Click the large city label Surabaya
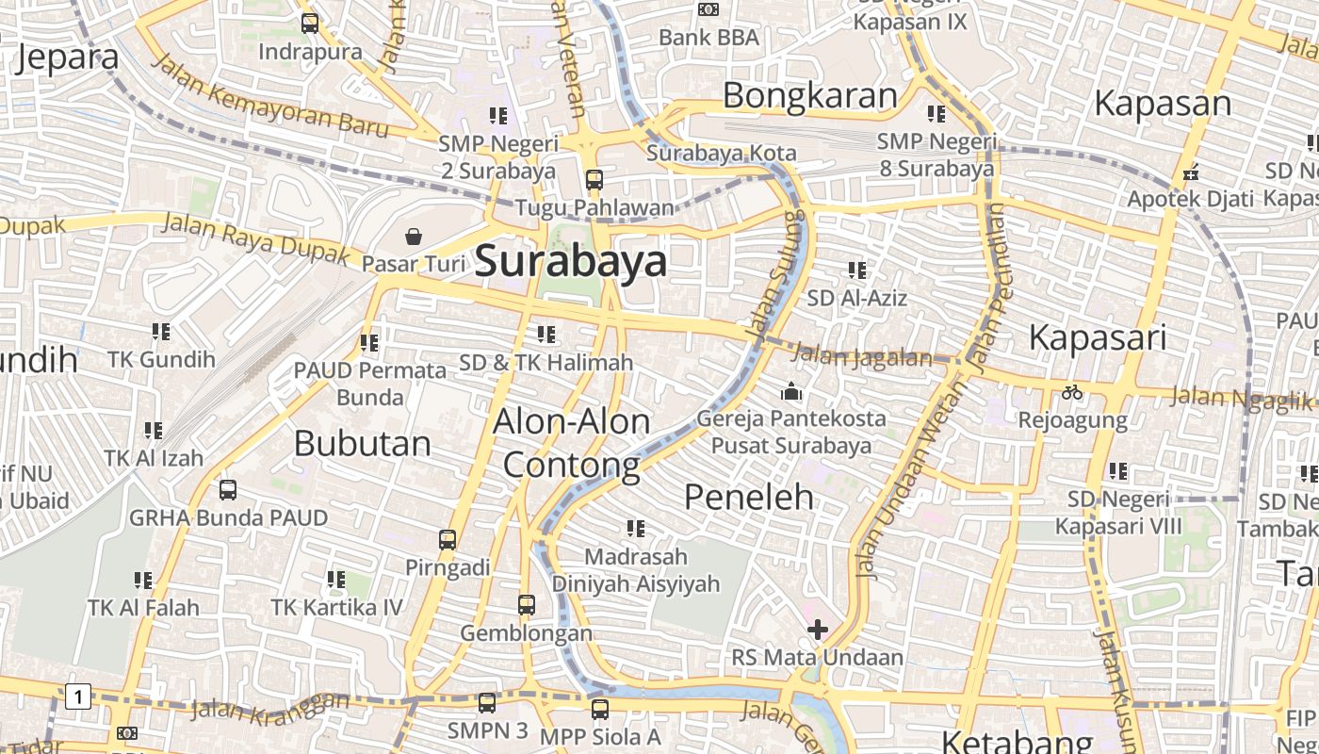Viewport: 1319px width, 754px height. [571, 261]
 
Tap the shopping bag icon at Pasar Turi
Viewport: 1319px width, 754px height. [413, 236]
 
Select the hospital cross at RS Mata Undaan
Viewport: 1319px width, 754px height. [818, 630]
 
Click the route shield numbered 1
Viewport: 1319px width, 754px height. [78, 697]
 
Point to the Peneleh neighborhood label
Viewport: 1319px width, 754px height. [749, 496]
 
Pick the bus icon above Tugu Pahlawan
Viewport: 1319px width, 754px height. [594, 179]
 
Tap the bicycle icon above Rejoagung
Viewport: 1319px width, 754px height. [1072, 392]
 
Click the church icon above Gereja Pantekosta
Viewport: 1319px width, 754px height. [791, 390]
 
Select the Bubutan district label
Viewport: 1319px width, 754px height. [362, 443]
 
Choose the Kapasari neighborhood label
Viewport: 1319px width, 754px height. [1098, 336]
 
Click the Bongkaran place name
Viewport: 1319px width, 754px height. [810, 95]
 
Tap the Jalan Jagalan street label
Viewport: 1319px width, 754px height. [861, 356]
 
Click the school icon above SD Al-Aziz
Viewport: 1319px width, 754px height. [856, 270]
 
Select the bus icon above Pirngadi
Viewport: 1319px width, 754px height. [448, 540]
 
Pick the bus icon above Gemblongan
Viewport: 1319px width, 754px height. [526, 605]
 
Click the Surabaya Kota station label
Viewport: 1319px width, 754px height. [721, 153]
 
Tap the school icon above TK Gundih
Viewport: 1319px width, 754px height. [161, 332]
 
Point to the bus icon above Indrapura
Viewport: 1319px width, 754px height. [309, 24]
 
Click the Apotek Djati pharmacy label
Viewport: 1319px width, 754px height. [1191, 199]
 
